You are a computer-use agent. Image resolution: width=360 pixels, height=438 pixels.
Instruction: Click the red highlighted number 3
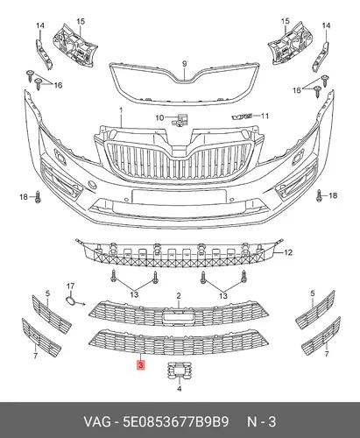[141, 365]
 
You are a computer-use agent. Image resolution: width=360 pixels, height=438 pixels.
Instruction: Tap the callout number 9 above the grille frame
[184, 64]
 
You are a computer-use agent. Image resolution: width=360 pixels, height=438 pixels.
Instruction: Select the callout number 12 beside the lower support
[288, 252]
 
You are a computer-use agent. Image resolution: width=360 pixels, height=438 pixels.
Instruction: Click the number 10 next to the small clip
[159, 117]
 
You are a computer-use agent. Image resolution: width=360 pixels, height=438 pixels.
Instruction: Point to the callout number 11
[265, 117]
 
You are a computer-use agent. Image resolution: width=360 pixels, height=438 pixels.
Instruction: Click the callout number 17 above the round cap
[70, 286]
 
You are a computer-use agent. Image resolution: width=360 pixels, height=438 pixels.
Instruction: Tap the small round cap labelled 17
[70, 301]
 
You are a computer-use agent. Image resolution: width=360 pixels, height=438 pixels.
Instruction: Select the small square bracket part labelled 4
[179, 371]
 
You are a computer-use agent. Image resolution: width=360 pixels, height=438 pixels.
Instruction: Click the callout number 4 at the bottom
[180, 389]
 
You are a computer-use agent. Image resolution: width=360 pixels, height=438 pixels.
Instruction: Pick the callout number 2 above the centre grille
[179, 296]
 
